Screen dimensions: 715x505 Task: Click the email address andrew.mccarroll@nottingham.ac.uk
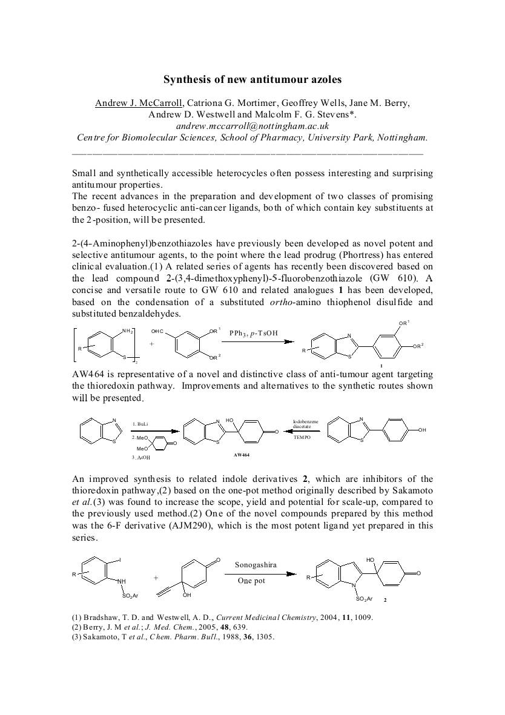tap(252, 126)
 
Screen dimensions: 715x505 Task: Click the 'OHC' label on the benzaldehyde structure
tap(158, 331)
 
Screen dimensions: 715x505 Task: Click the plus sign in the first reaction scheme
tap(151, 343)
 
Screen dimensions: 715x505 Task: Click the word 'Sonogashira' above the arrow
tap(256, 565)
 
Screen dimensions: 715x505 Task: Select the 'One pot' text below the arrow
tap(252, 581)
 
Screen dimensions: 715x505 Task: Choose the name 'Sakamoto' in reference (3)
tap(102, 636)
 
